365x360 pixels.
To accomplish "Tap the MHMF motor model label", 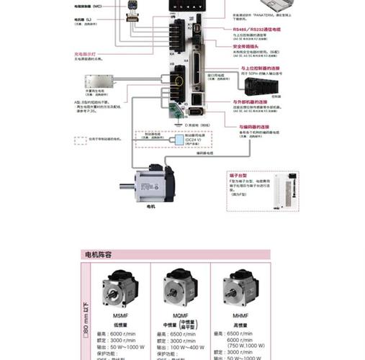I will point(237,317).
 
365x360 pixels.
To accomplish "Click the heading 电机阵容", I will point(99,255).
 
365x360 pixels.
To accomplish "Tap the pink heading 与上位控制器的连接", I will point(256,68).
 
